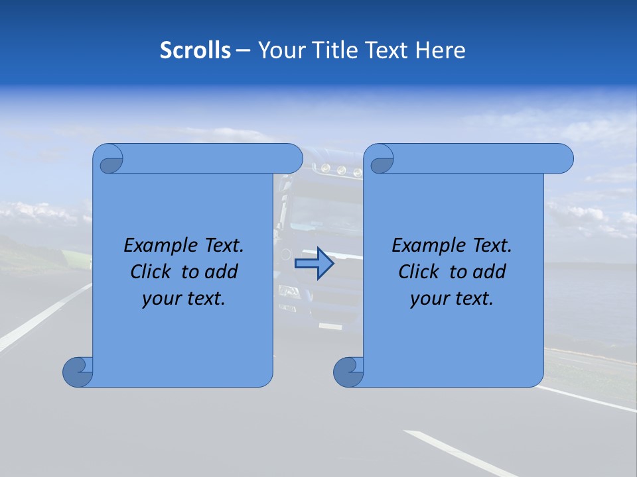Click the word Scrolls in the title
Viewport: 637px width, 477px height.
tap(195, 50)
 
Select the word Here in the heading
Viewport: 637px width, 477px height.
tap(441, 50)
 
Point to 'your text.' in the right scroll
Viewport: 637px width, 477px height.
tap(452, 299)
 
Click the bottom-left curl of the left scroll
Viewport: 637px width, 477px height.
tap(77, 372)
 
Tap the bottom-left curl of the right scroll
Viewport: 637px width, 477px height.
tap(348, 372)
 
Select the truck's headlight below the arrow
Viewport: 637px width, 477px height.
tap(289, 290)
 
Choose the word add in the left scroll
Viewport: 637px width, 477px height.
tap(222, 272)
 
